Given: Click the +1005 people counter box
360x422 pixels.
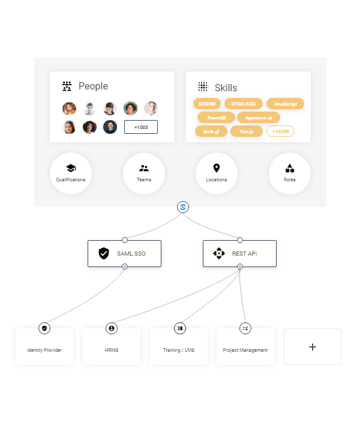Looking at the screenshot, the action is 141,127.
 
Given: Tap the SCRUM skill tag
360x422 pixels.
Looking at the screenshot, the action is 207,104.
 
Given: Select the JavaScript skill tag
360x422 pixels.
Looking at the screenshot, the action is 285,104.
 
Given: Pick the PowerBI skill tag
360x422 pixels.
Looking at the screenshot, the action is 217,118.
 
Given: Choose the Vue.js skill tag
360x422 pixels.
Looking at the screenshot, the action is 247,131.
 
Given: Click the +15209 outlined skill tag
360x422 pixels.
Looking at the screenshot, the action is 280,131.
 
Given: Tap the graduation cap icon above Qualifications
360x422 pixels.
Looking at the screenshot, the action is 71,168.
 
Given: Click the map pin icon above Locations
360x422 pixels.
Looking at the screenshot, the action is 217,168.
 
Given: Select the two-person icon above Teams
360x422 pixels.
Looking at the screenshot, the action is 144,168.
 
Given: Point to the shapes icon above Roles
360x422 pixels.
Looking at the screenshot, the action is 290,168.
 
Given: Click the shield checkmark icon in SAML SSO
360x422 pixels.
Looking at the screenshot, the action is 104,253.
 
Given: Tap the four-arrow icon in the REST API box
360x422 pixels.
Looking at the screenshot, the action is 219,253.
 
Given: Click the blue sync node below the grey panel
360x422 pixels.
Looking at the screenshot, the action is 183,207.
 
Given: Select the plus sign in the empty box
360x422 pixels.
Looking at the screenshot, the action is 313,347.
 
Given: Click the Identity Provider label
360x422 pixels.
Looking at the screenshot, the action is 44,350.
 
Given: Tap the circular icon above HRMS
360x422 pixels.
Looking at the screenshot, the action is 112,328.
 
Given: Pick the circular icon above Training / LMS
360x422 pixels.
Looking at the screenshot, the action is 180,328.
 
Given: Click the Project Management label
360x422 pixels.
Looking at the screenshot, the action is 245,350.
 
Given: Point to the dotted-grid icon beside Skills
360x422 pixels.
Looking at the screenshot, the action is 203,86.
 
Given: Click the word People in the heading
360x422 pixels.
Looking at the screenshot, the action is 93,86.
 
